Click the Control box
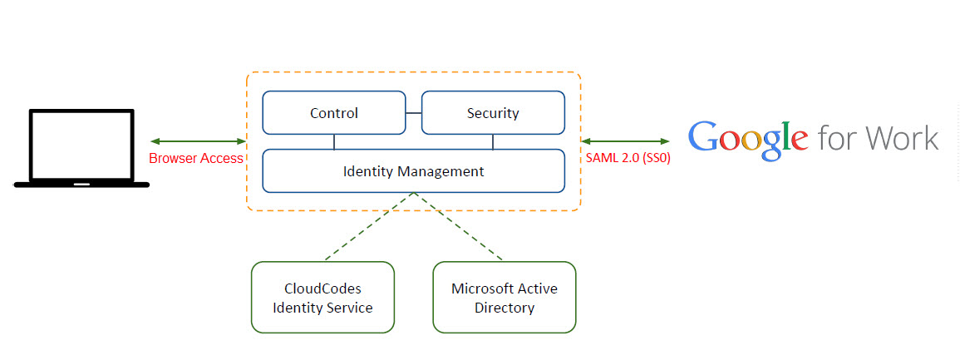tap(334, 113)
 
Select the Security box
tap(493, 113)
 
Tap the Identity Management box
tap(413, 171)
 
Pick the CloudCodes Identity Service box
tap(322, 298)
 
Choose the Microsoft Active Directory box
tap(504, 298)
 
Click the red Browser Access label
tap(196, 158)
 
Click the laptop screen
tap(81, 146)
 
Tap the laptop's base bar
tap(81, 185)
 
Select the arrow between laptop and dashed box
tap(198, 141)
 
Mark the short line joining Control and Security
tap(413, 113)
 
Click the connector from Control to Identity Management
tap(334, 141)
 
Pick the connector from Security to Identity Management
tap(493, 141)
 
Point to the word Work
tap(900, 138)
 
